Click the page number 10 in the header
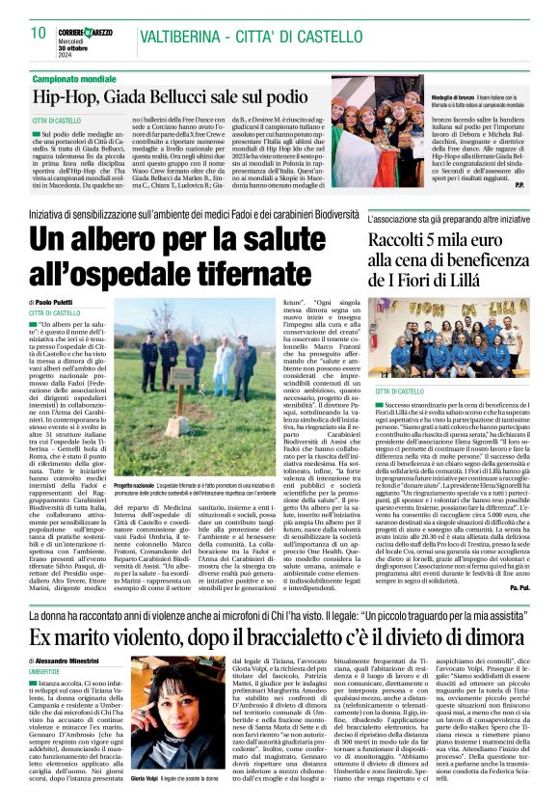tap(38, 33)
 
